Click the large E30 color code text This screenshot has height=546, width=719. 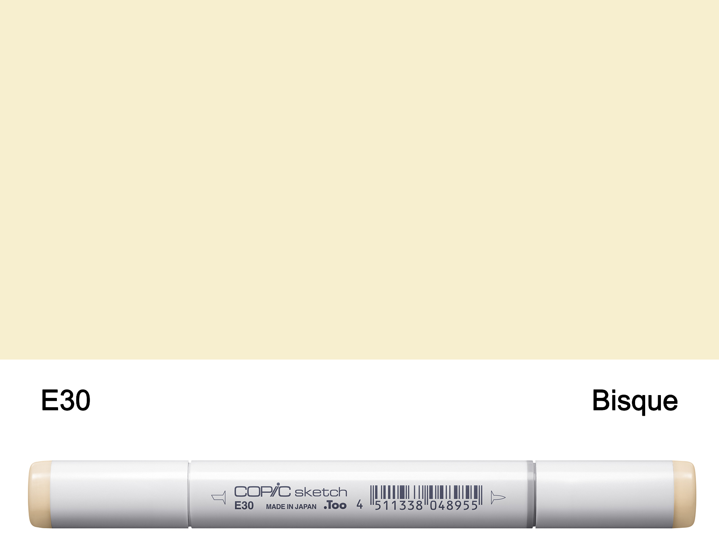click(x=66, y=400)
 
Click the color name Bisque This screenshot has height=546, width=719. click(x=635, y=401)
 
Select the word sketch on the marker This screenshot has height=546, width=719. click(x=321, y=492)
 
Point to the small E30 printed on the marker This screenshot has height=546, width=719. click(x=244, y=506)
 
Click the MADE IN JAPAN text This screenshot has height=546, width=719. click(x=291, y=507)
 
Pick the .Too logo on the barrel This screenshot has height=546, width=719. click(x=335, y=505)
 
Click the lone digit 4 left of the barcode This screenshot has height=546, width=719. click(x=359, y=504)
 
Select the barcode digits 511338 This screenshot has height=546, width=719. click(x=399, y=506)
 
